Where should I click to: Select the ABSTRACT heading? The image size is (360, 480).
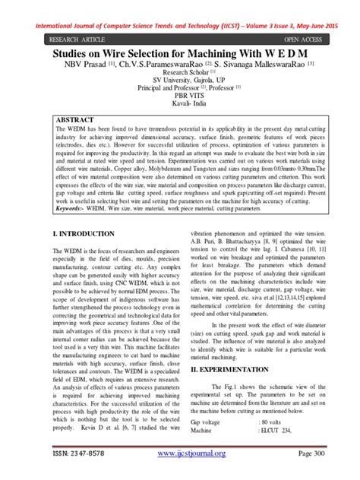(x=81, y=120)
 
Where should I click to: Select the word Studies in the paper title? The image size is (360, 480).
(x=74, y=55)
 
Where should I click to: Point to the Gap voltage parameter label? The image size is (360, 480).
(x=207, y=420)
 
